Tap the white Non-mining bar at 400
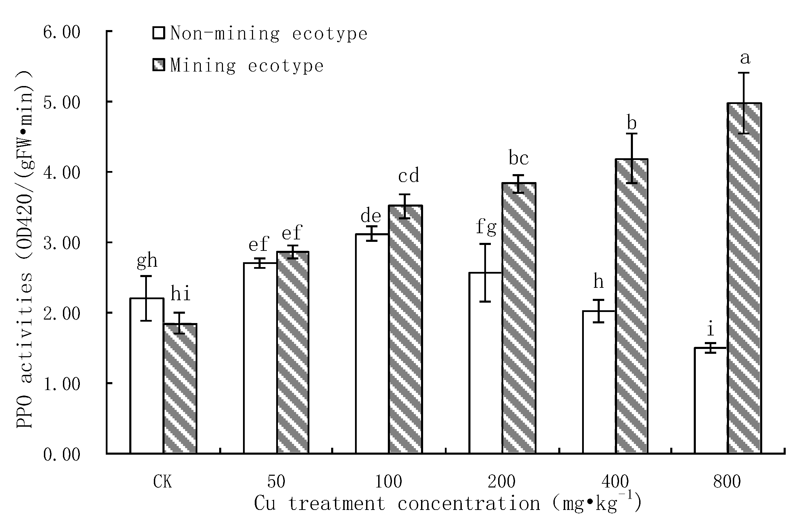pos(599,382)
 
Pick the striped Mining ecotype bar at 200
pos(519,318)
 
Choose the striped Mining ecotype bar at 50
pos(292,352)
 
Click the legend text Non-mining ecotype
pos(269,34)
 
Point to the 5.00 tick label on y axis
pos(62,102)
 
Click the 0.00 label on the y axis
pos(62,455)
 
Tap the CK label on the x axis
pos(162,482)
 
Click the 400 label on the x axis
pos(615,482)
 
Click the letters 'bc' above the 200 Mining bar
pos(519,158)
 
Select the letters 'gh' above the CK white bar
pos(147,260)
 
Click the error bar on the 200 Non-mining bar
pos(485,273)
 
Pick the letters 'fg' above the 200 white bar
pos(486,227)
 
